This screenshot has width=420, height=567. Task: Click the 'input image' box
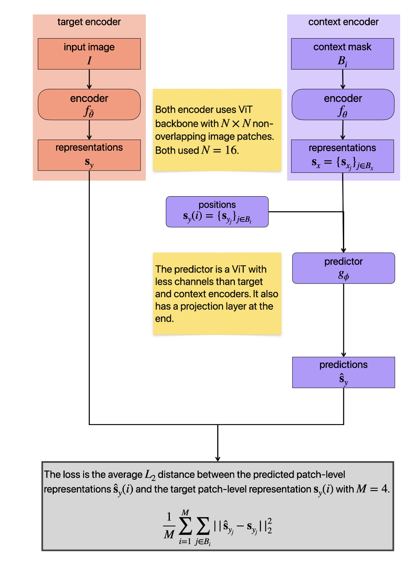[89, 53]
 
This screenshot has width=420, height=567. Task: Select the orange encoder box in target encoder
[89, 104]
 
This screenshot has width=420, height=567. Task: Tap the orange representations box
[89, 155]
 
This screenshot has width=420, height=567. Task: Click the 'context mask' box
[343, 53]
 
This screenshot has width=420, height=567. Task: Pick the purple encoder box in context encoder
[343, 104]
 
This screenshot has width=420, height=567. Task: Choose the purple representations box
[343, 156]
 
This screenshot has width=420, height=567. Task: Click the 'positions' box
[217, 212]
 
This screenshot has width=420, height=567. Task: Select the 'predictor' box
[343, 268]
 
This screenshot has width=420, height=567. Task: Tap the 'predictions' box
[343, 372]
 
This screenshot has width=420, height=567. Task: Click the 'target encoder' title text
[89, 22]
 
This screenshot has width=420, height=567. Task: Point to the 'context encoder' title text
[343, 22]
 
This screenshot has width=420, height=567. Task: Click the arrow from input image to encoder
[89, 79]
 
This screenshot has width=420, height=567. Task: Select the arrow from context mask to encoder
[343, 79]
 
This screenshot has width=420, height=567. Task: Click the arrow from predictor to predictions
[343, 320]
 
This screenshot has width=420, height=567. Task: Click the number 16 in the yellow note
[231, 150]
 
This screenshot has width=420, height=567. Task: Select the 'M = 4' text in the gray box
[372, 489]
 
